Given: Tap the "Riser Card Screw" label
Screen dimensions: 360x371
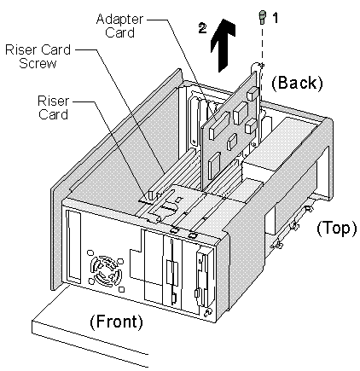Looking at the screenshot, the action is click(x=38, y=56).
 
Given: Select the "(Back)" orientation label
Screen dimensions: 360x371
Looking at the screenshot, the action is click(x=297, y=83).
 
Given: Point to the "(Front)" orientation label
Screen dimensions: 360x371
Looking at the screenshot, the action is click(x=116, y=322).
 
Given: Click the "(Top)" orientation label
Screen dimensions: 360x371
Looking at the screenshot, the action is click(x=337, y=228).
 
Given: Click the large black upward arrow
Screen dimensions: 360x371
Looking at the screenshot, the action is click(x=224, y=45).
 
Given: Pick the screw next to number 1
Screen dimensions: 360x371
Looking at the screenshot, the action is click(x=262, y=17).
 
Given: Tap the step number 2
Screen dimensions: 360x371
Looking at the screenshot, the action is click(x=203, y=28).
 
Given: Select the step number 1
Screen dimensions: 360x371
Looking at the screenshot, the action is click(x=276, y=18).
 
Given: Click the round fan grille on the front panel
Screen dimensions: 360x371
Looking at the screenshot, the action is click(x=106, y=271).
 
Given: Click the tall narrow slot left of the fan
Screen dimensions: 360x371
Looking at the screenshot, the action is click(x=73, y=246).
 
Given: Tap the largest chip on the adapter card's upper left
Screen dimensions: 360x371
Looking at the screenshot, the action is click(x=219, y=125).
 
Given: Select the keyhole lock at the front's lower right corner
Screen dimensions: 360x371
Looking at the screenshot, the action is click(x=207, y=313).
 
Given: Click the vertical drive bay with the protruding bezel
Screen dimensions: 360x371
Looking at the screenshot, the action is click(x=205, y=277).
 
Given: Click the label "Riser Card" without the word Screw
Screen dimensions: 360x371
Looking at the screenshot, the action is click(x=53, y=107).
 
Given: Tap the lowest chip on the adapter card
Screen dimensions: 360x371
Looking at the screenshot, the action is click(x=215, y=165).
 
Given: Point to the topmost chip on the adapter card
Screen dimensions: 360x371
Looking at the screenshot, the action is click(x=253, y=94).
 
